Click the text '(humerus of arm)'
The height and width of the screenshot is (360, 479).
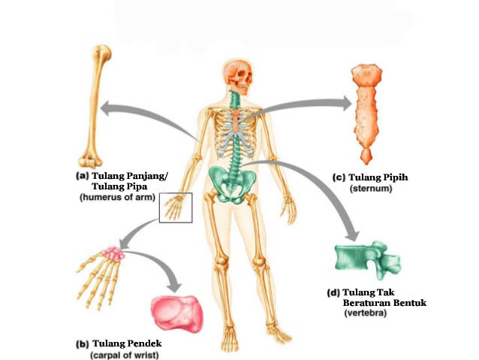(x=118, y=198)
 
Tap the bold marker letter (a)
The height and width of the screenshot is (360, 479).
(x=82, y=175)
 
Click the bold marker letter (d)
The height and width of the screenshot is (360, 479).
(x=333, y=292)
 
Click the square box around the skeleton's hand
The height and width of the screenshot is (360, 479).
(x=176, y=207)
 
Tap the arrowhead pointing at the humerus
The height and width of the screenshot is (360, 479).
(x=109, y=108)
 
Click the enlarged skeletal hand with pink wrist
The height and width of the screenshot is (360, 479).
(x=102, y=271)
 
